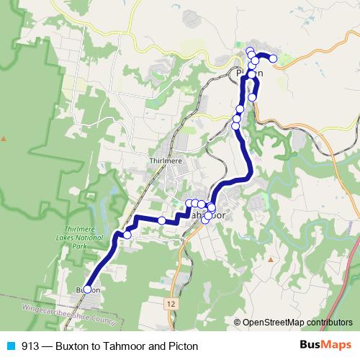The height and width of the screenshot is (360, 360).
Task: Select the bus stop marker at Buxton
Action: click(x=87, y=289)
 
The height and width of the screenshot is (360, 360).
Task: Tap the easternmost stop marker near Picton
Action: click(x=273, y=59)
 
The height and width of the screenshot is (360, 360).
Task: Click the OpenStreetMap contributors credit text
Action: click(x=297, y=323)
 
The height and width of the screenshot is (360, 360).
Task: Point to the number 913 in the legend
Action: click(x=31, y=346)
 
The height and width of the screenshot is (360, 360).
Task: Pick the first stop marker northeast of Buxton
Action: click(x=127, y=234)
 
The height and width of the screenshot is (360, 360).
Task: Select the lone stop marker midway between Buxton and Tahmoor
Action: click(x=162, y=220)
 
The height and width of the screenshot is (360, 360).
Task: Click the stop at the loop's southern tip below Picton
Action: click(x=252, y=97)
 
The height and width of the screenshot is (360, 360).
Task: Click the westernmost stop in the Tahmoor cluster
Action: click(x=189, y=204)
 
